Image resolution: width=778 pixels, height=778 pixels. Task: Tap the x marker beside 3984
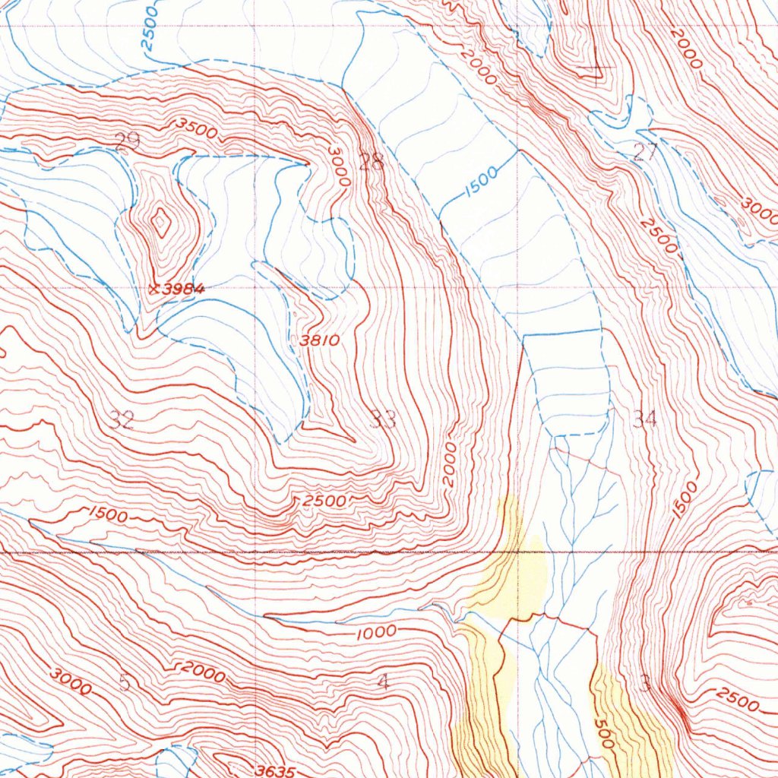point(155,289)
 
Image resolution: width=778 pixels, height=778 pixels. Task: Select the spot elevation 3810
point(319,341)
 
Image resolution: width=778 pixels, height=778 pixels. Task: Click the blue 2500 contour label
point(150,27)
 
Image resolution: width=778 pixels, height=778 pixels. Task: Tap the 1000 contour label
point(375,631)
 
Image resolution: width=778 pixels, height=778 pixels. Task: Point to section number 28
point(372,161)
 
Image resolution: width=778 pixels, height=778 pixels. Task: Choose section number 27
point(645,152)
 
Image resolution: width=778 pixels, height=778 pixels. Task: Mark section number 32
point(122,419)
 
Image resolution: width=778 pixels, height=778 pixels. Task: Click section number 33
point(384,418)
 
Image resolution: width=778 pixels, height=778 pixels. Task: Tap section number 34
point(644,418)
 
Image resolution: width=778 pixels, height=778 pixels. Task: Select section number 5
point(125,682)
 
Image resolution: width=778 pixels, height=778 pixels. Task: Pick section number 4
point(382,682)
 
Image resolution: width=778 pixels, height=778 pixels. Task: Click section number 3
point(645,684)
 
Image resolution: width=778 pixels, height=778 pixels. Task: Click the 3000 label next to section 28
point(340,166)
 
